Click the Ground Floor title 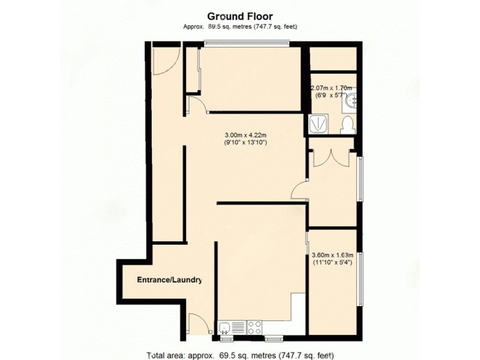240,16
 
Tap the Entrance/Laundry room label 169,280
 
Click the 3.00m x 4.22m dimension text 245,135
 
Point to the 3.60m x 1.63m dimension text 332,254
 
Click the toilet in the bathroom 347,125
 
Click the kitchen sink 224,328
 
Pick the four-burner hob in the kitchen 254,328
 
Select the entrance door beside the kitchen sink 198,324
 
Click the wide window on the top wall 246,43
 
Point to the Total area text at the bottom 240,355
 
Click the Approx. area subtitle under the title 240,27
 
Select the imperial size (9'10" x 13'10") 245,143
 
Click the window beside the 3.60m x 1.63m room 360,279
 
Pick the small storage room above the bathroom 333,59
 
